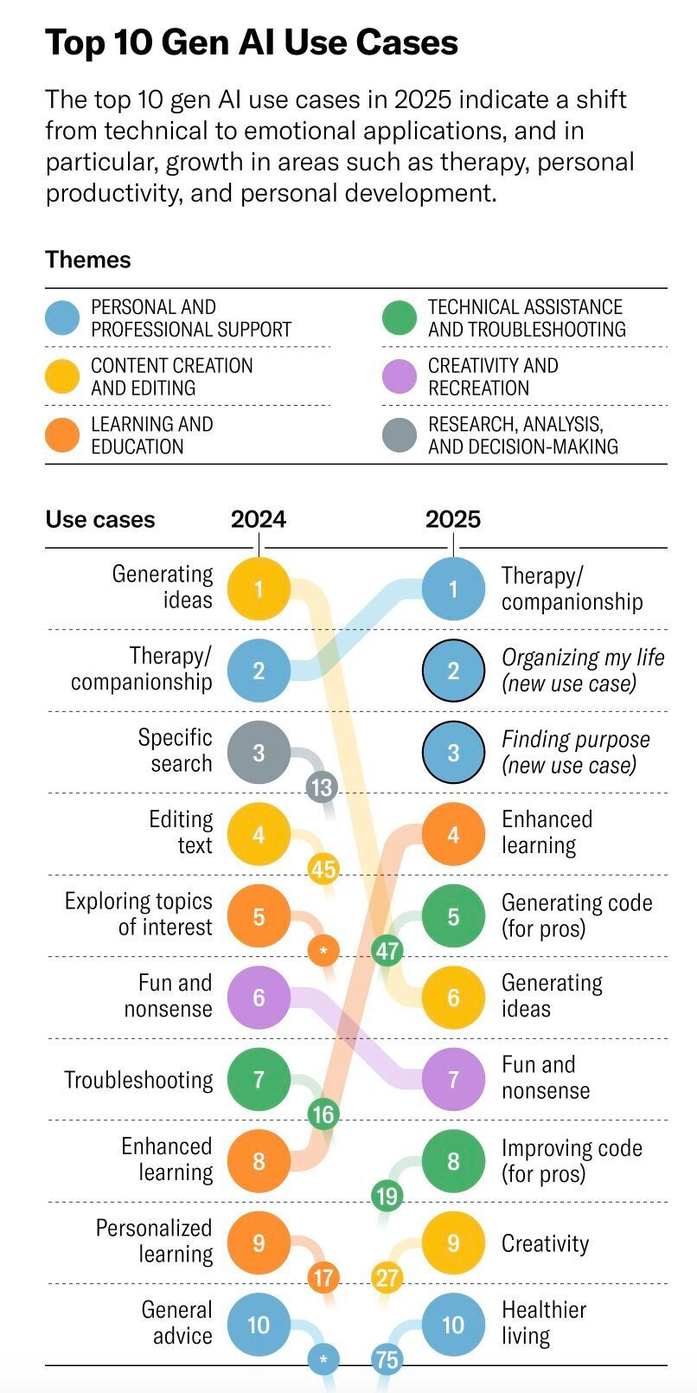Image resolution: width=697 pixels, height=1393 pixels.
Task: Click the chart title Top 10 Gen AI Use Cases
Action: [251, 42]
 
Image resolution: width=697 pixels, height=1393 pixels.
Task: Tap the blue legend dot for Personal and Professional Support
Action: [62, 318]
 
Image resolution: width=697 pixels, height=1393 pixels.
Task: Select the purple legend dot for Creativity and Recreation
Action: [400, 376]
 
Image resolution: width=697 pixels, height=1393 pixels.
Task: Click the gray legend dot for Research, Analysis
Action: [400, 435]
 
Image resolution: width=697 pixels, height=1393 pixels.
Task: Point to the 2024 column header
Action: [258, 519]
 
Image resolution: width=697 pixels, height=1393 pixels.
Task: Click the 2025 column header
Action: [452, 519]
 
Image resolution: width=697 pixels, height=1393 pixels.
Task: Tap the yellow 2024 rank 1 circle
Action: [259, 589]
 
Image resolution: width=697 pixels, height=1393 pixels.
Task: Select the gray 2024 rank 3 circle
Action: [259, 753]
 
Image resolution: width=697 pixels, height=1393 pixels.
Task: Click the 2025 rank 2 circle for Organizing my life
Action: [453, 671]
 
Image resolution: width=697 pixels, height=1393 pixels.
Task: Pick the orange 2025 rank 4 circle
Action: [453, 835]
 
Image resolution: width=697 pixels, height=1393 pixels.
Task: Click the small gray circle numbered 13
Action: [322, 787]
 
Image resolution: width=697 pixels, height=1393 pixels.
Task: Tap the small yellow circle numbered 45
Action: [323, 869]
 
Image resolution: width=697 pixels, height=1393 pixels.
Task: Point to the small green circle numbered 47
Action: [387, 951]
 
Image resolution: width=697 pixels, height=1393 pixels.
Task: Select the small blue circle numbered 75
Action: [387, 1359]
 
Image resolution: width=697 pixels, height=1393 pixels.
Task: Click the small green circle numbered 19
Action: [387, 1197]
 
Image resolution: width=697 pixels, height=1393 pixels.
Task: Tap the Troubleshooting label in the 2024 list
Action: [138, 1080]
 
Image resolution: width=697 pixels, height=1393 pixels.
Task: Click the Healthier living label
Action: [543, 1322]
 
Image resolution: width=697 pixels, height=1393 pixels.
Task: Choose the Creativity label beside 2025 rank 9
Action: [545, 1243]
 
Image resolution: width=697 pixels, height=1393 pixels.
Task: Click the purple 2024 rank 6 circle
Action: [259, 998]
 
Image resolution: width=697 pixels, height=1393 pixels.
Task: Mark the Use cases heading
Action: [100, 519]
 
